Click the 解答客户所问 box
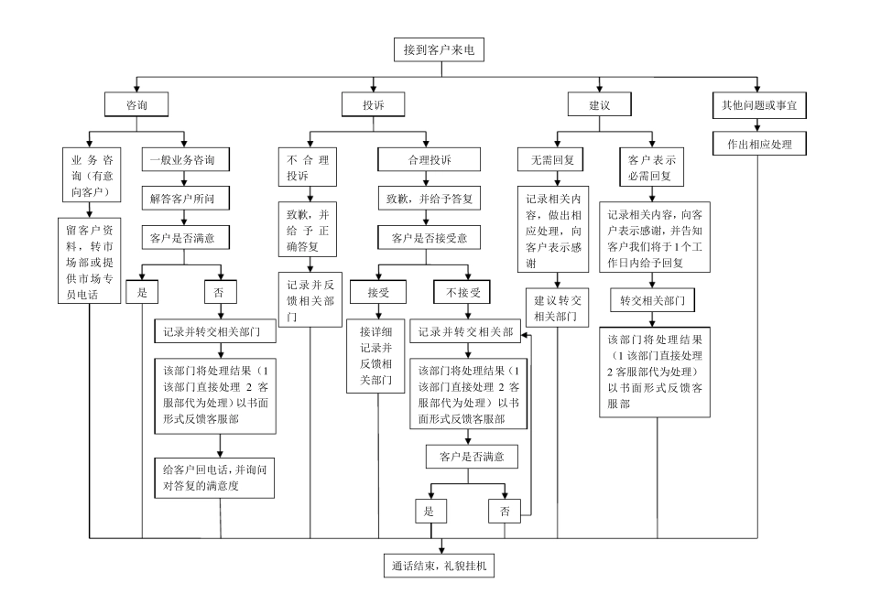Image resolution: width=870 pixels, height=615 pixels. pyautogui.click(x=183, y=197)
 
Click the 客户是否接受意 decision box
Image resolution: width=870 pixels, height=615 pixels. pyautogui.click(x=430, y=238)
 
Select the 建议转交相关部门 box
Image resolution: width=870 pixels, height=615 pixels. pyautogui.click(x=559, y=307)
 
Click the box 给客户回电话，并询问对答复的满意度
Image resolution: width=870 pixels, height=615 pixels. pyautogui.click(x=215, y=477)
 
